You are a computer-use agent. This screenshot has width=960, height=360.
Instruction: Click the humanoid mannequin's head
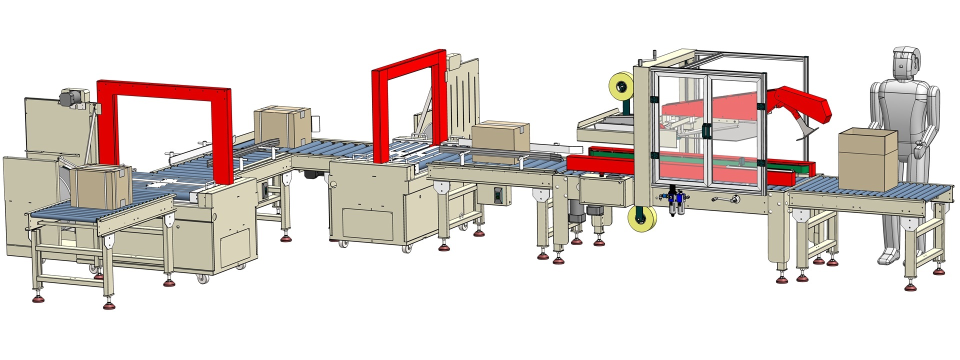[905, 65]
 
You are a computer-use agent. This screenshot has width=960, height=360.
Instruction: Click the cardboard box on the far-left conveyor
[99, 187]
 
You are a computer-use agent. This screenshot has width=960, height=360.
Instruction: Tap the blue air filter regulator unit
[675, 202]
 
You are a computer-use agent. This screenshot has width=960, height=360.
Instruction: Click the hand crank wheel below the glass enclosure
[733, 200]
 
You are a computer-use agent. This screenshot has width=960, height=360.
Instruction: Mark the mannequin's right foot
[888, 257]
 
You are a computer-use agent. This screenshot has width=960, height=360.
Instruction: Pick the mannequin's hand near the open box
[919, 150]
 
